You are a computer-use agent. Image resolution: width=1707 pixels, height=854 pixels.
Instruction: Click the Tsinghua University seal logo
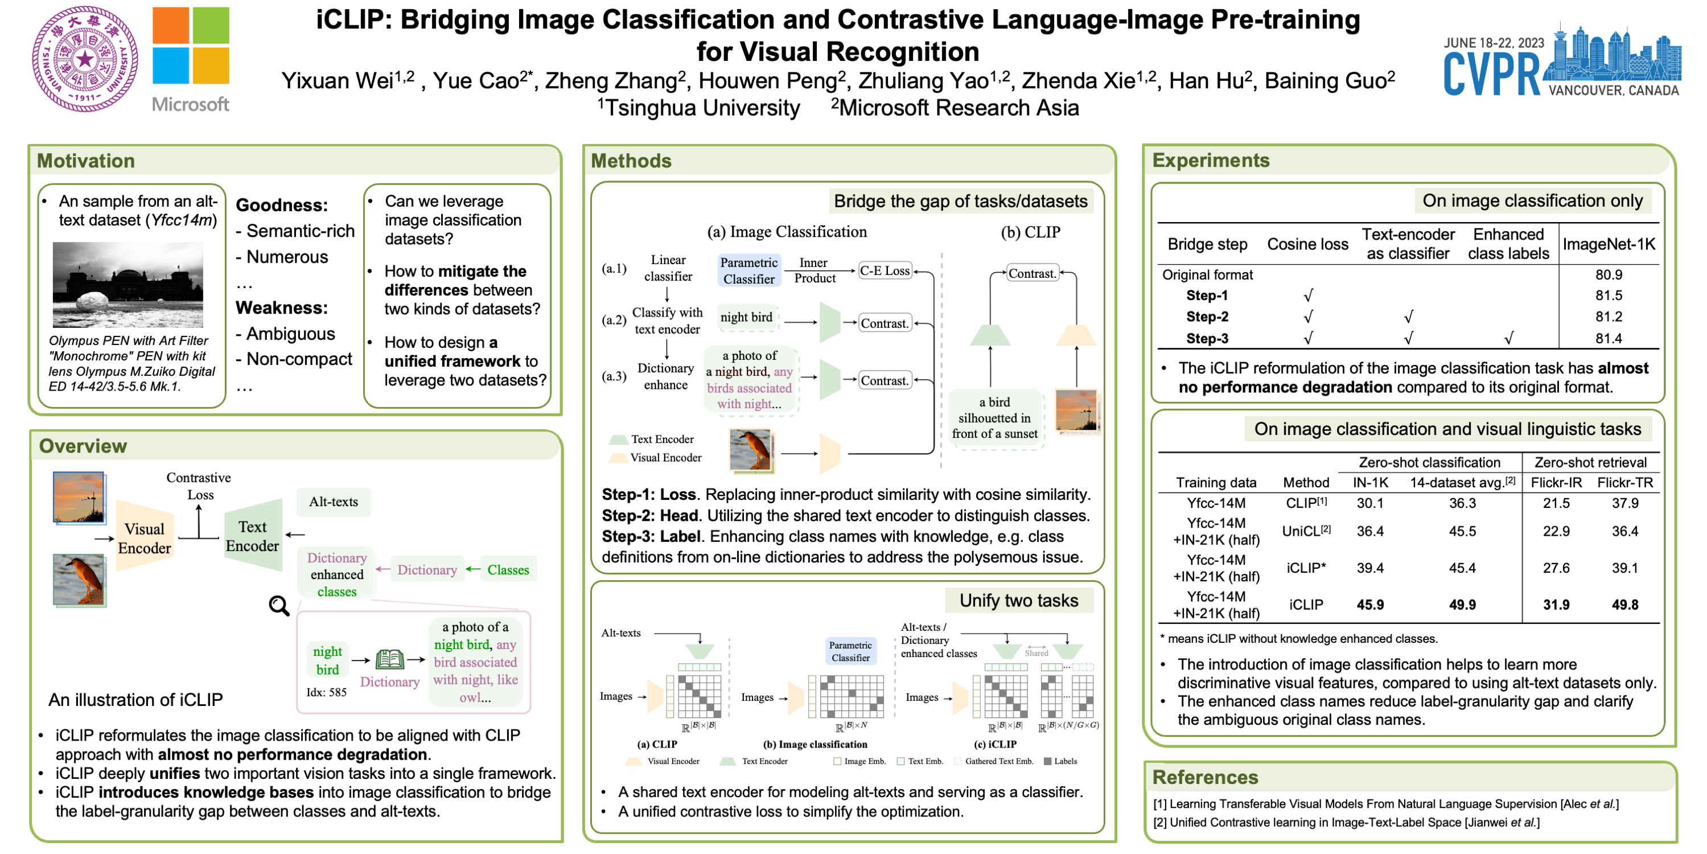click(x=85, y=59)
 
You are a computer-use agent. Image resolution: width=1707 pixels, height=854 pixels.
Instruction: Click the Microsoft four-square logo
click(x=191, y=45)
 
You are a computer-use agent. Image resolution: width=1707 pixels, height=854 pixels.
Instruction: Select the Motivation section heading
click(x=85, y=161)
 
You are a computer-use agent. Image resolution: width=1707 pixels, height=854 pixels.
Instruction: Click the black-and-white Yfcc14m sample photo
click(x=128, y=285)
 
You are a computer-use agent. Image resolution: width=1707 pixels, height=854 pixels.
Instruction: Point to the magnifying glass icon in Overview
click(x=279, y=605)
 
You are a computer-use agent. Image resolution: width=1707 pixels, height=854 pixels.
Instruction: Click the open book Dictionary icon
click(x=390, y=659)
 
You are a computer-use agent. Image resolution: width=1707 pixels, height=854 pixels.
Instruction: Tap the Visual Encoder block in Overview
click(x=145, y=537)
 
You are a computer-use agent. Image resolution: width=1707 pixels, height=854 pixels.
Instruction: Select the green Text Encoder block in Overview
click(x=253, y=536)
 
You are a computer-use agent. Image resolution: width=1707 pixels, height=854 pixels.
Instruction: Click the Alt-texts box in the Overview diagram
click(x=334, y=502)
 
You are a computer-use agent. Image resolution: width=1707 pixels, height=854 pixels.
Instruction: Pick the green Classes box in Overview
click(x=508, y=569)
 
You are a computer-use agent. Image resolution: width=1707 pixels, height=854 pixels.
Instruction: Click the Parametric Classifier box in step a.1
click(x=749, y=270)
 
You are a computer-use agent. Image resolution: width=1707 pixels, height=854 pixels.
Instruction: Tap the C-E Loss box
click(x=884, y=270)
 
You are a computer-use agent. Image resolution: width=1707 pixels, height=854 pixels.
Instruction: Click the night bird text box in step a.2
click(x=746, y=318)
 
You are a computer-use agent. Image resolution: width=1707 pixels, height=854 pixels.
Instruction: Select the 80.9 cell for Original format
click(x=1609, y=274)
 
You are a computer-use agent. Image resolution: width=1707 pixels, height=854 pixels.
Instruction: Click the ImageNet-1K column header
click(x=1609, y=244)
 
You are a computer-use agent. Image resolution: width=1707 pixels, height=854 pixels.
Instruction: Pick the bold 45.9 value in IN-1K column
click(x=1369, y=605)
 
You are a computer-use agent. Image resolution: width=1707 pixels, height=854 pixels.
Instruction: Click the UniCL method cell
click(x=1306, y=531)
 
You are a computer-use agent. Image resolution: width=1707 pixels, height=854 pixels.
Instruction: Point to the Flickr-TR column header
click(x=1625, y=483)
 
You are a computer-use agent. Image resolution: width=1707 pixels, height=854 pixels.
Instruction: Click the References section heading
click(x=1205, y=777)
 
